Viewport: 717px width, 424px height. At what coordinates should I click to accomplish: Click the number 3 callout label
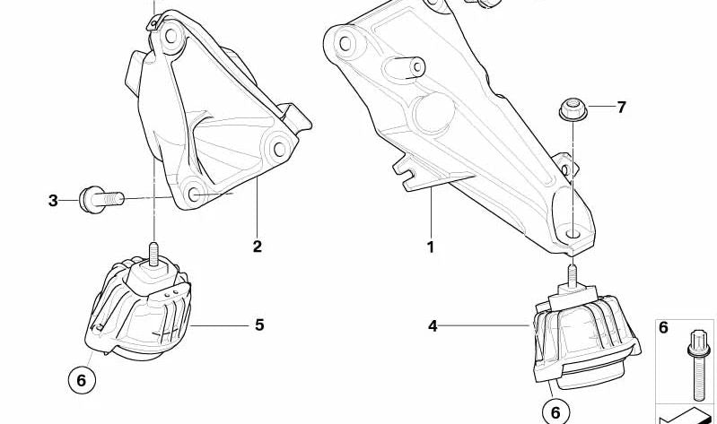pyautogui.click(x=53, y=201)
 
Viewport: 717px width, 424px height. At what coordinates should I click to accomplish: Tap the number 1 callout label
pyautogui.click(x=431, y=247)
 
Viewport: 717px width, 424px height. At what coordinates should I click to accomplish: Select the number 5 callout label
pyautogui.click(x=259, y=325)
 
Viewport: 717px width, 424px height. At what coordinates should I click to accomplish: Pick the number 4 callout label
pyautogui.click(x=433, y=326)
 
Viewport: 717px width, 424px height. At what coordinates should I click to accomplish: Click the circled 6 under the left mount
pyautogui.click(x=81, y=381)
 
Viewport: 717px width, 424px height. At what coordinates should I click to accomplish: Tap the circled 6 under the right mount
pyautogui.click(x=555, y=411)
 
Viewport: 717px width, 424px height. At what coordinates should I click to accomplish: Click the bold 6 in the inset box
pyautogui.click(x=664, y=328)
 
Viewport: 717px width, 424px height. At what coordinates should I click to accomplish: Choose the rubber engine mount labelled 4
pyautogui.click(x=583, y=332)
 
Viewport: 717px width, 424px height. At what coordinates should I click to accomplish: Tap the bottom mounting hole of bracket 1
pyautogui.click(x=573, y=236)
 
